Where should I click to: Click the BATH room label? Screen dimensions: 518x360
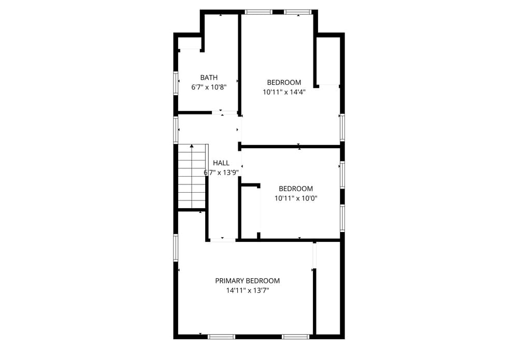[209, 78]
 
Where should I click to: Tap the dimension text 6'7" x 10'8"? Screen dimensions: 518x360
[209, 88]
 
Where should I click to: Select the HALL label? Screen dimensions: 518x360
[221, 163]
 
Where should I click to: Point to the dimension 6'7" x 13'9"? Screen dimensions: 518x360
[221, 172]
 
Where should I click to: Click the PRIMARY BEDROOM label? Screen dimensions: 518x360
[248, 281]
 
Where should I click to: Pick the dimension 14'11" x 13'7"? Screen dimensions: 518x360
[248, 291]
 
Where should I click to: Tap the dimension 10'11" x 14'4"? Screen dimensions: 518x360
[284, 92]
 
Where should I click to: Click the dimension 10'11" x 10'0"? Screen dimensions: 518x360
[296, 198]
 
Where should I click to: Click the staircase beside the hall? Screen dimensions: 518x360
[192, 176]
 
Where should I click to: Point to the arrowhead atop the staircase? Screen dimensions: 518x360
[192, 146]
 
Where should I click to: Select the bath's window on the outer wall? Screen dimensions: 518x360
[176, 83]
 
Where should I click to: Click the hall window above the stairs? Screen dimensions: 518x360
[176, 130]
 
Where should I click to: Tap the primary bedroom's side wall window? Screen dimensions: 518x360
[176, 248]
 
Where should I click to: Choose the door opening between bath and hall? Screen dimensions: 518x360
[225, 112]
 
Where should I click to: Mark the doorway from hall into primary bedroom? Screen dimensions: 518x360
[223, 240]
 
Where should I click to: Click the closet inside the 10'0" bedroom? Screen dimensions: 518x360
[250, 212]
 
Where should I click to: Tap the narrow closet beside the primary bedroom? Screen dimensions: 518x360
[328, 288]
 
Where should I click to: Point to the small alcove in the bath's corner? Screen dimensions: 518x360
[190, 43]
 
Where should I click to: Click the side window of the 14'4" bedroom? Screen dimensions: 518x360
[342, 127]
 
